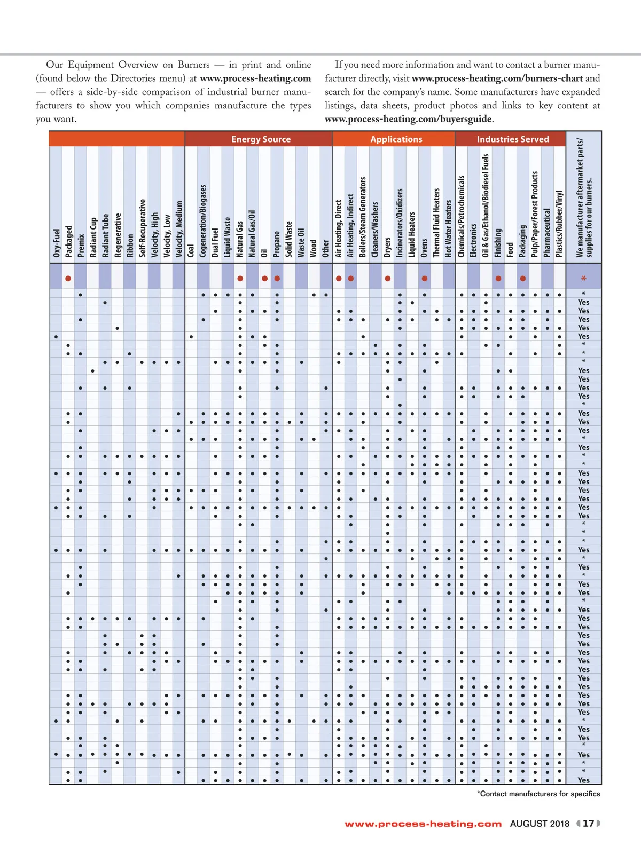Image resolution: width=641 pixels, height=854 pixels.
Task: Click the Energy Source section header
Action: pos(261,139)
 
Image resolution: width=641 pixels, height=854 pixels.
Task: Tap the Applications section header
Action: pos(396,139)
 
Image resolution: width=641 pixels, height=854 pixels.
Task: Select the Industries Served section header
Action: pos(513,139)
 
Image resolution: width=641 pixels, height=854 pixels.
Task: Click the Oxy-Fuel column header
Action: pos(57,243)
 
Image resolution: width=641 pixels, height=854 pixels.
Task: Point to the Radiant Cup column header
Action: pos(93,237)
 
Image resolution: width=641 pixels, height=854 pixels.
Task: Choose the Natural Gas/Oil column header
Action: pos(252,233)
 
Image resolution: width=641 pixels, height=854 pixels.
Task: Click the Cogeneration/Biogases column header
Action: pos(203,220)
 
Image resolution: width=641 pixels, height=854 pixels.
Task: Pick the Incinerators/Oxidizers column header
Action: pos(400,223)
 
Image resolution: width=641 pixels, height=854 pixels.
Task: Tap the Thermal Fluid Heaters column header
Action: pos(436,222)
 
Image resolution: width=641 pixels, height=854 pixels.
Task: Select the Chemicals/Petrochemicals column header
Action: pos(462,216)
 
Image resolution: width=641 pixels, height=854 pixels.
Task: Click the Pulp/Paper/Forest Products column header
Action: pos(535,214)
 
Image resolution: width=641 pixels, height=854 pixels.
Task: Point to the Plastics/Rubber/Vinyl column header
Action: pos(559,224)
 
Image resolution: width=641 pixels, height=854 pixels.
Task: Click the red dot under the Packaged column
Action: pos(68,279)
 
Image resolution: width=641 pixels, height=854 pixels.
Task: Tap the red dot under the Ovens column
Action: pos(424,279)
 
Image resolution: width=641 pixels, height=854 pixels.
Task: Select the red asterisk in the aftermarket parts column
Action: pos(584,279)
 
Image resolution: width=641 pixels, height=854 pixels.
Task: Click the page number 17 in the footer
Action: pos(588,824)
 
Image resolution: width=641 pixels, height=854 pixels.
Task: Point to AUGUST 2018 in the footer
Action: pos(540,824)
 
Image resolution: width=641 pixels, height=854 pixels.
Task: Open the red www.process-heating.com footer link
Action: pos(423,824)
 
